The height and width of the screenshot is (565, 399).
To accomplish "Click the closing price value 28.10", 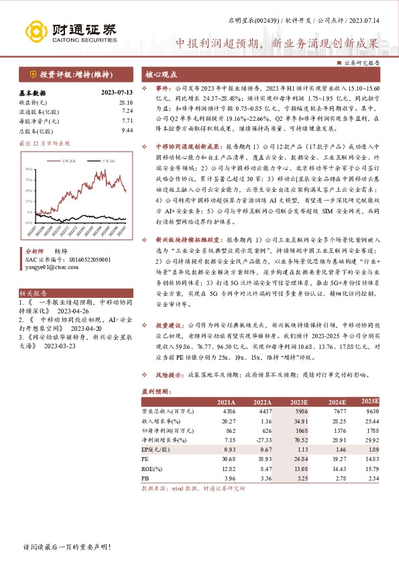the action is click(x=126, y=102).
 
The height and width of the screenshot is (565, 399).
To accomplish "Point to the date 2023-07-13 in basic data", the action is click(x=117, y=93).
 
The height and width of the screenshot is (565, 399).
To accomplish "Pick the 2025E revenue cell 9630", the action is click(x=372, y=409).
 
